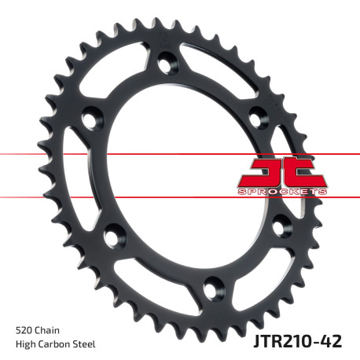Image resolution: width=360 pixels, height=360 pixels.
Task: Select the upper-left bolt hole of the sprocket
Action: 93,118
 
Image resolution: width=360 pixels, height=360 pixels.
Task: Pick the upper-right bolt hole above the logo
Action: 257,117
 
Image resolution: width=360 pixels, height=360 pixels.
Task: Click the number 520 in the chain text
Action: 24,329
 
